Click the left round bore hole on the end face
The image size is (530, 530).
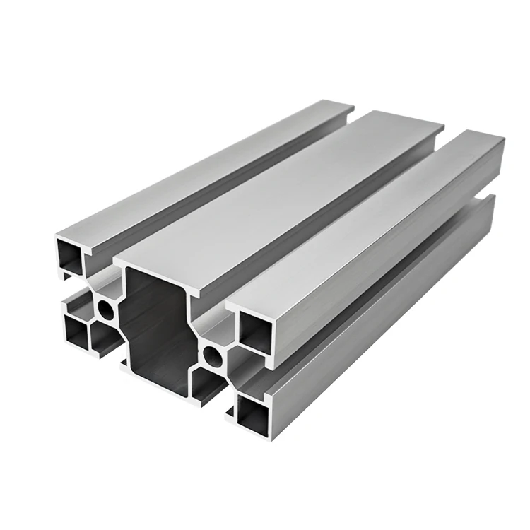coord(106,309)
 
